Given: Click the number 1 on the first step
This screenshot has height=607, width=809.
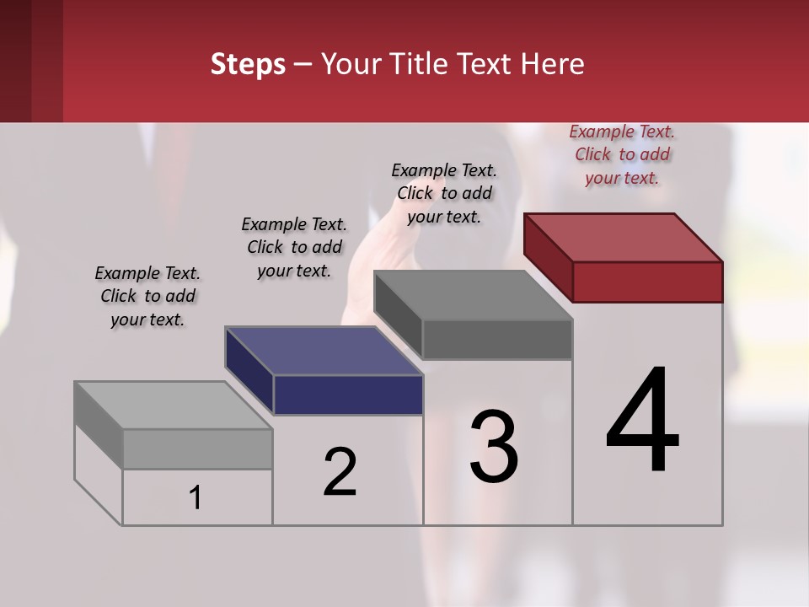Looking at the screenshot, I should tap(196, 498).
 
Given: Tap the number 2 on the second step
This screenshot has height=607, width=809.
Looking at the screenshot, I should tap(340, 471).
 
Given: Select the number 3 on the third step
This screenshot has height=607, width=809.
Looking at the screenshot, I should tap(494, 446).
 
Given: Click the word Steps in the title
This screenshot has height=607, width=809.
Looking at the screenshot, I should tap(248, 64).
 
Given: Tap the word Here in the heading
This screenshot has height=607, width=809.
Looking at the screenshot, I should tap(555, 64).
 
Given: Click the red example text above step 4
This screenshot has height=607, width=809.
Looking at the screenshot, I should tap(622, 154).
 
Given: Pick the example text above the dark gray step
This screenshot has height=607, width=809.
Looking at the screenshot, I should tap(444, 193).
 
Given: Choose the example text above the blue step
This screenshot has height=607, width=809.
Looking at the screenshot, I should tap(294, 247).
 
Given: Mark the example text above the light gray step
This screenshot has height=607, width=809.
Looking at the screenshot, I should tap(147, 296).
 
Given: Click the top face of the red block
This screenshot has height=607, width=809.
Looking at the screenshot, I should tap(623, 237).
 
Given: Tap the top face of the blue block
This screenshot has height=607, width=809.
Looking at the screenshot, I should tap(324, 350).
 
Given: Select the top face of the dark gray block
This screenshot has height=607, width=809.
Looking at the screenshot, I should tap(473, 295).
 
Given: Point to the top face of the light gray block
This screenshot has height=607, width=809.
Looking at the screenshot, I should tap(174, 405).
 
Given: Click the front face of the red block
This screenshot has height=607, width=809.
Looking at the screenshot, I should tap(647, 282).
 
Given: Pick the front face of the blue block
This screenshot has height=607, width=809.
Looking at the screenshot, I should tap(348, 395).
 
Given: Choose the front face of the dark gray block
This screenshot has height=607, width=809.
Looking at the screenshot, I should tap(497, 339).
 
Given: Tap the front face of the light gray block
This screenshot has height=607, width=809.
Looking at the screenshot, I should tap(197, 449).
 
